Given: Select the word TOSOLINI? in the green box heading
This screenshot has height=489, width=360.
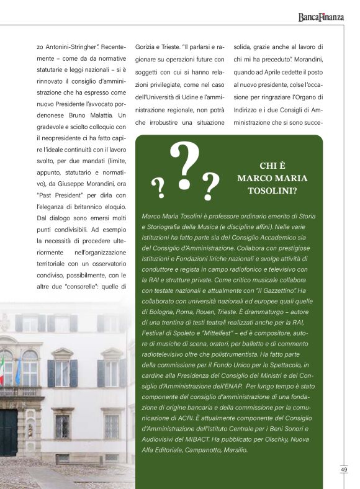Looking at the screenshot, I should [x=272, y=191].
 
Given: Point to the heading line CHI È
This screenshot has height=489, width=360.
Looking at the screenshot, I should [x=272, y=166].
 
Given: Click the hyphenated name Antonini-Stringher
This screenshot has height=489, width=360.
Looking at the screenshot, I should [x=77, y=47].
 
